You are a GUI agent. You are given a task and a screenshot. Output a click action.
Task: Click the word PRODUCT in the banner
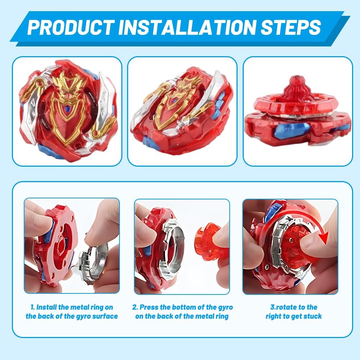71,27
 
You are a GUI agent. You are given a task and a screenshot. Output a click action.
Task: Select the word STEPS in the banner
291,27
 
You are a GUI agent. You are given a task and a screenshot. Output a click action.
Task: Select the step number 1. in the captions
33,307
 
